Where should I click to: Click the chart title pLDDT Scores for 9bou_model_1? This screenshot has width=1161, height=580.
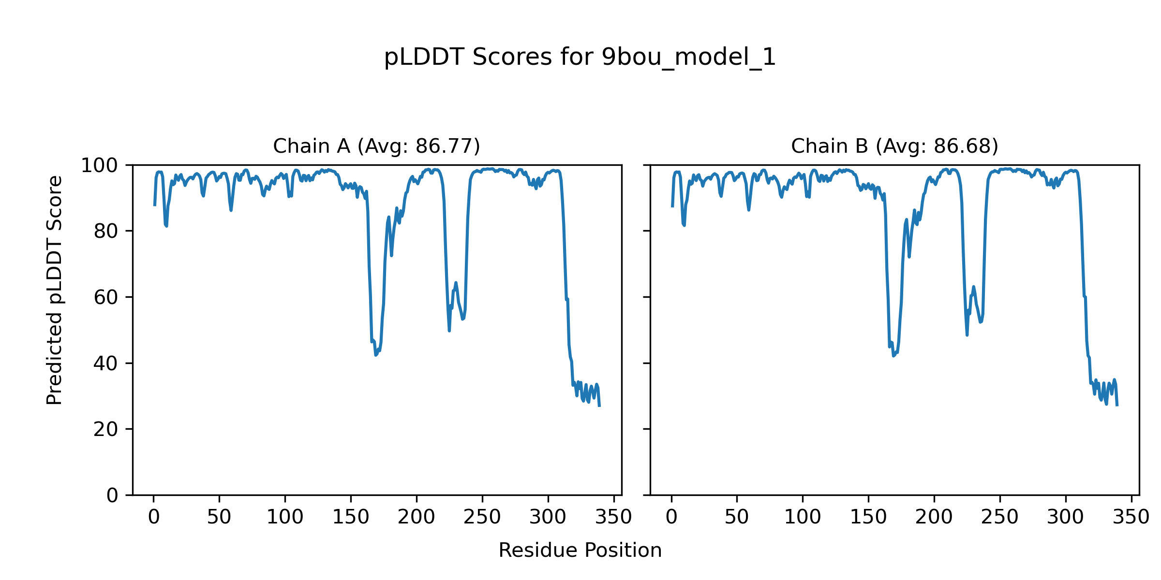pyautogui.click(x=580, y=58)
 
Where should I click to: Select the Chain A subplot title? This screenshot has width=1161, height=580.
pyautogui.click(x=376, y=146)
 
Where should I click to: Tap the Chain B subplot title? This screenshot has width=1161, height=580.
pyautogui.click(x=894, y=146)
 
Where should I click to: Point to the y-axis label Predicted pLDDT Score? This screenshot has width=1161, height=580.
pyautogui.click(x=55, y=290)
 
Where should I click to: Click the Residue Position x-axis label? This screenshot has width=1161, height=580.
pyautogui.click(x=580, y=551)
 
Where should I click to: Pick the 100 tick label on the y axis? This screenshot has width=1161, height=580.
pyautogui.click(x=99, y=166)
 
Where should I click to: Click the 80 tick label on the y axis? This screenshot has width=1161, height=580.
pyautogui.click(x=106, y=232)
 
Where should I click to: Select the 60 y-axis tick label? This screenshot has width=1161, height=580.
pyautogui.click(x=106, y=298)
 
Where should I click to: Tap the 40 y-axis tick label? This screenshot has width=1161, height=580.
pyautogui.click(x=106, y=363)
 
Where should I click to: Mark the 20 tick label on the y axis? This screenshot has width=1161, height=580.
pyautogui.click(x=106, y=430)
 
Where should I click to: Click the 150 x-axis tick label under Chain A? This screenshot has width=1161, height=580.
pyautogui.click(x=350, y=517)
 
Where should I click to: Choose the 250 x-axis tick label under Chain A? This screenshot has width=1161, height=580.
pyautogui.click(x=482, y=517)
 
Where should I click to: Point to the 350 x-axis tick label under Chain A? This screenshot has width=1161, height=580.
pyautogui.click(x=613, y=517)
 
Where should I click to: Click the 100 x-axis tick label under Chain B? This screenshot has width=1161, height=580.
pyautogui.click(x=803, y=517)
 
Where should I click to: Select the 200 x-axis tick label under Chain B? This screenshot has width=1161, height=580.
pyautogui.click(x=934, y=517)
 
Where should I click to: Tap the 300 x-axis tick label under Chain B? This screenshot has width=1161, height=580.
pyautogui.click(x=1065, y=517)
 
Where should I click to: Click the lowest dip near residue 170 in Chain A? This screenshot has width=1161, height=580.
pyautogui.click(x=375, y=355)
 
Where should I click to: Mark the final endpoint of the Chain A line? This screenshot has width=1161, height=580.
pyautogui.click(x=599, y=406)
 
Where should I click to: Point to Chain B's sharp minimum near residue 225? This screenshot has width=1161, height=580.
pyautogui.click(x=967, y=335)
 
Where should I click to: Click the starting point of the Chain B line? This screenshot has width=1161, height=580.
pyautogui.click(x=672, y=206)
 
